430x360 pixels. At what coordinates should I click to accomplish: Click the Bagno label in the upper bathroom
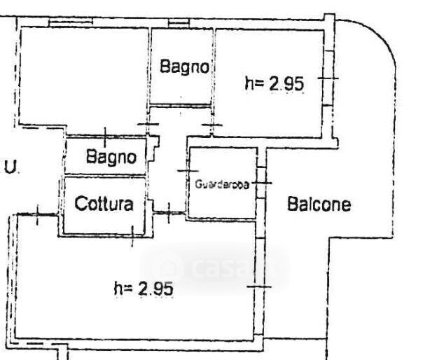[184, 67]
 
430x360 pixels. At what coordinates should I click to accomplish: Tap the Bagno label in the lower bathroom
[111, 158]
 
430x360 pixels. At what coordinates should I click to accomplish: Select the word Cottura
[104, 205]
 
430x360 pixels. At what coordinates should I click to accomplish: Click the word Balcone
[319, 205]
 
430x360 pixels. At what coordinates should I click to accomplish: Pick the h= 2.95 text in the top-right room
[274, 83]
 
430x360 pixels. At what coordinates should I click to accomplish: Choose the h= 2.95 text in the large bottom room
[143, 287]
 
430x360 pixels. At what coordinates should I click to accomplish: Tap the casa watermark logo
[214, 268]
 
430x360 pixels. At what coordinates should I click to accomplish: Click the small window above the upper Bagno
[179, 25]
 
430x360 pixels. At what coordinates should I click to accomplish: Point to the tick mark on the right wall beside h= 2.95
[328, 78]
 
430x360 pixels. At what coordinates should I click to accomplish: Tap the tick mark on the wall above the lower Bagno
[104, 134]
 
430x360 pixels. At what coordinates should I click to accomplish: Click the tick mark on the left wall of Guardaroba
[188, 171]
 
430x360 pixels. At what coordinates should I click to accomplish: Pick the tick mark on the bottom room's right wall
[259, 286]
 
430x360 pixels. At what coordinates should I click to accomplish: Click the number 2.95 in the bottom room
[155, 287]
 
